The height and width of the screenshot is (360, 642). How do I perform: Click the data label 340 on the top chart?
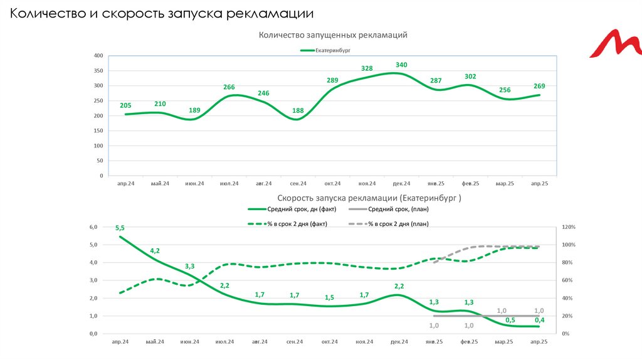pyautogui.click(x=401, y=65)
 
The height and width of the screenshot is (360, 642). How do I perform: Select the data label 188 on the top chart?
pyautogui.click(x=298, y=111)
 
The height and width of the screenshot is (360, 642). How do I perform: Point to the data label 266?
pyautogui.click(x=229, y=87)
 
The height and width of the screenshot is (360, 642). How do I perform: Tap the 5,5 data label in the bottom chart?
pyautogui.click(x=120, y=228)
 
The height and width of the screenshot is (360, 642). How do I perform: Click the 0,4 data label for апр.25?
pyautogui.click(x=539, y=320)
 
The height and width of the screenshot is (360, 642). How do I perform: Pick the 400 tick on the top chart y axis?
pyautogui.click(x=98, y=56)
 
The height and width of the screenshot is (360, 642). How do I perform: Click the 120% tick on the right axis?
pyautogui.click(x=569, y=227)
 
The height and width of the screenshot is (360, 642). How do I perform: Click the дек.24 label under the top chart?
pyautogui.click(x=401, y=184)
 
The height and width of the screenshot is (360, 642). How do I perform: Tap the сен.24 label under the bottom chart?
pyautogui.click(x=295, y=342)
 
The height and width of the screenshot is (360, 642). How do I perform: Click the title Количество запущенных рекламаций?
pyautogui.click(x=333, y=35)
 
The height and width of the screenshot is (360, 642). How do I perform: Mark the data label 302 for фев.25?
pyautogui.click(x=470, y=77)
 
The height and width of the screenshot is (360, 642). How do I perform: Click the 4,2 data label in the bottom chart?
pyautogui.click(x=155, y=251)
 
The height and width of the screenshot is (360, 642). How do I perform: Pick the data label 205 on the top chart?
pyautogui.click(x=125, y=105)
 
